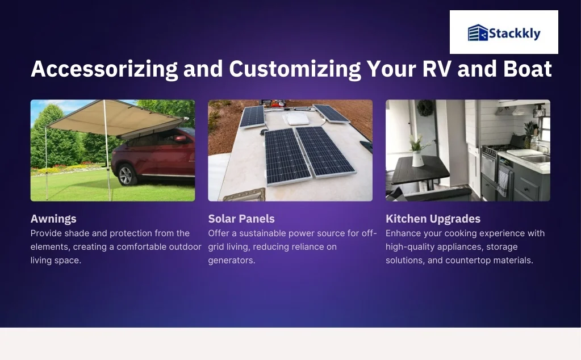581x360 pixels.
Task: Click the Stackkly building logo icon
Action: pyautogui.click(x=478, y=32)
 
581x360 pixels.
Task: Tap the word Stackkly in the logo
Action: pyautogui.click(x=515, y=34)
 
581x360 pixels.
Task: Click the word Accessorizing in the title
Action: pyautogui.click(x=104, y=69)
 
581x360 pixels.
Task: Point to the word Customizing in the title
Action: pyautogui.click(x=295, y=69)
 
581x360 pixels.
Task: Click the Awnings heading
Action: pyautogui.click(x=53, y=219)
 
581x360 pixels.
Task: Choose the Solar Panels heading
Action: pyautogui.click(x=241, y=219)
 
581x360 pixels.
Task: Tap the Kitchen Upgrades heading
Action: pyautogui.click(x=433, y=219)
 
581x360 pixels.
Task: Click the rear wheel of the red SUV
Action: pyautogui.click(x=126, y=174)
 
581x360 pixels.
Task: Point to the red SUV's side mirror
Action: pyautogui.click(x=181, y=139)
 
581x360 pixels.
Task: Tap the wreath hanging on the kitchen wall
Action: pyautogui.click(x=425, y=108)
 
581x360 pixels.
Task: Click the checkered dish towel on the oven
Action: pyautogui.click(x=503, y=181)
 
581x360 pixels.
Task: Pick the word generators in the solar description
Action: pyautogui.click(x=232, y=261)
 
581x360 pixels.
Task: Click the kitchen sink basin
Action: pyautogui.click(x=537, y=159)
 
